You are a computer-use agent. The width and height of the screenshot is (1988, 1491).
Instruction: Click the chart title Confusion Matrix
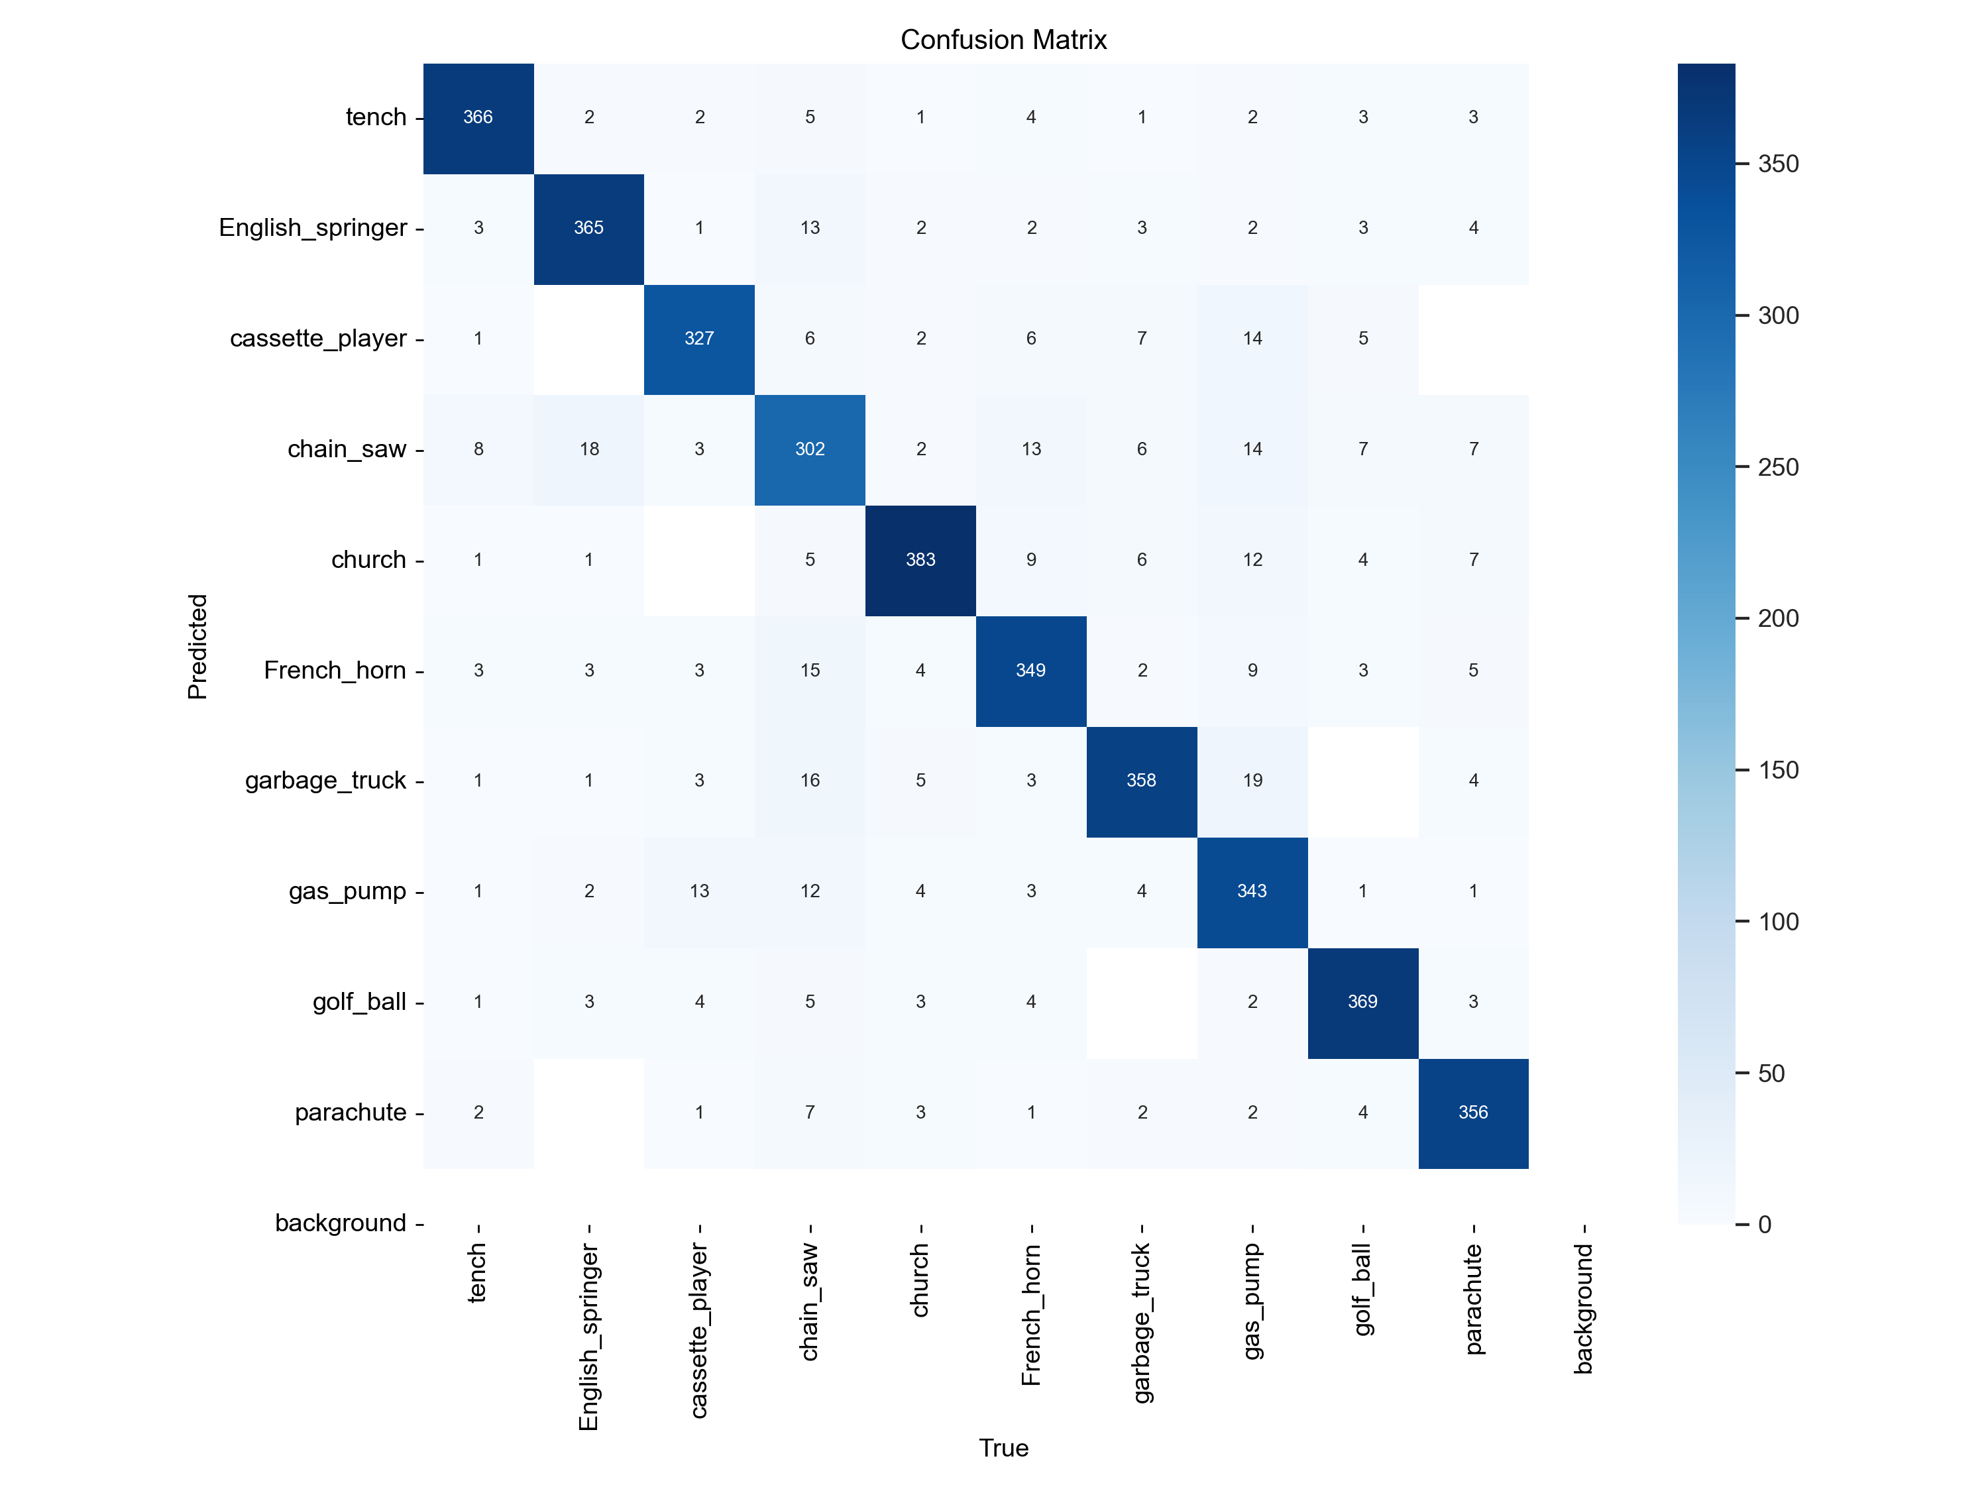[x=1003, y=40]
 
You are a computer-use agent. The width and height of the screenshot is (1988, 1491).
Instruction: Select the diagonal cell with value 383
[x=920, y=560]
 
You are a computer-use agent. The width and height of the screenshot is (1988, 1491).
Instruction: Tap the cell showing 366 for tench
[x=478, y=118]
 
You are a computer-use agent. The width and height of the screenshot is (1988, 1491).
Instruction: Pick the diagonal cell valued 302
[x=810, y=449]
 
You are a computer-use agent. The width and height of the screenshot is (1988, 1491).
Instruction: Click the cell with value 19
[x=1252, y=780]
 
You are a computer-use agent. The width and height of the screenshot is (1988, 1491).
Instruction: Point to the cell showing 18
[x=588, y=449]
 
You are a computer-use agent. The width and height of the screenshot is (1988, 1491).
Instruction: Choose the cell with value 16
[x=810, y=780]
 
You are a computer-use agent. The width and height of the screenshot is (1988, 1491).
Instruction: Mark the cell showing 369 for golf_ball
[x=1362, y=1002]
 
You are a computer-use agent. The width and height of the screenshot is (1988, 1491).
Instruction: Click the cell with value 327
[x=699, y=339]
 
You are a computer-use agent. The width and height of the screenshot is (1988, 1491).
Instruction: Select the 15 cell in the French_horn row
[x=810, y=671]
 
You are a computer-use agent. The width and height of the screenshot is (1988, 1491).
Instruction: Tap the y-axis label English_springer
[x=313, y=227]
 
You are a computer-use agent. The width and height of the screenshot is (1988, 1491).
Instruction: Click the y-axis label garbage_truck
[x=325, y=780]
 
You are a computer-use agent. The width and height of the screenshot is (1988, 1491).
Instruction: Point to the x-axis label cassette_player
[x=699, y=1330]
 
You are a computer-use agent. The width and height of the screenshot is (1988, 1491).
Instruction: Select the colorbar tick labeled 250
[x=1778, y=467]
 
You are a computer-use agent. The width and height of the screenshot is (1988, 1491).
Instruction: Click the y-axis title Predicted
[x=197, y=646]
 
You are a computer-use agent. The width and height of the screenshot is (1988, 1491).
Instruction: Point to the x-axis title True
[x=1003, y=1448]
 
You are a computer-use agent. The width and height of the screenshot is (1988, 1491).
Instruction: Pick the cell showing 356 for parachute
[x=1473, y=1113]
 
